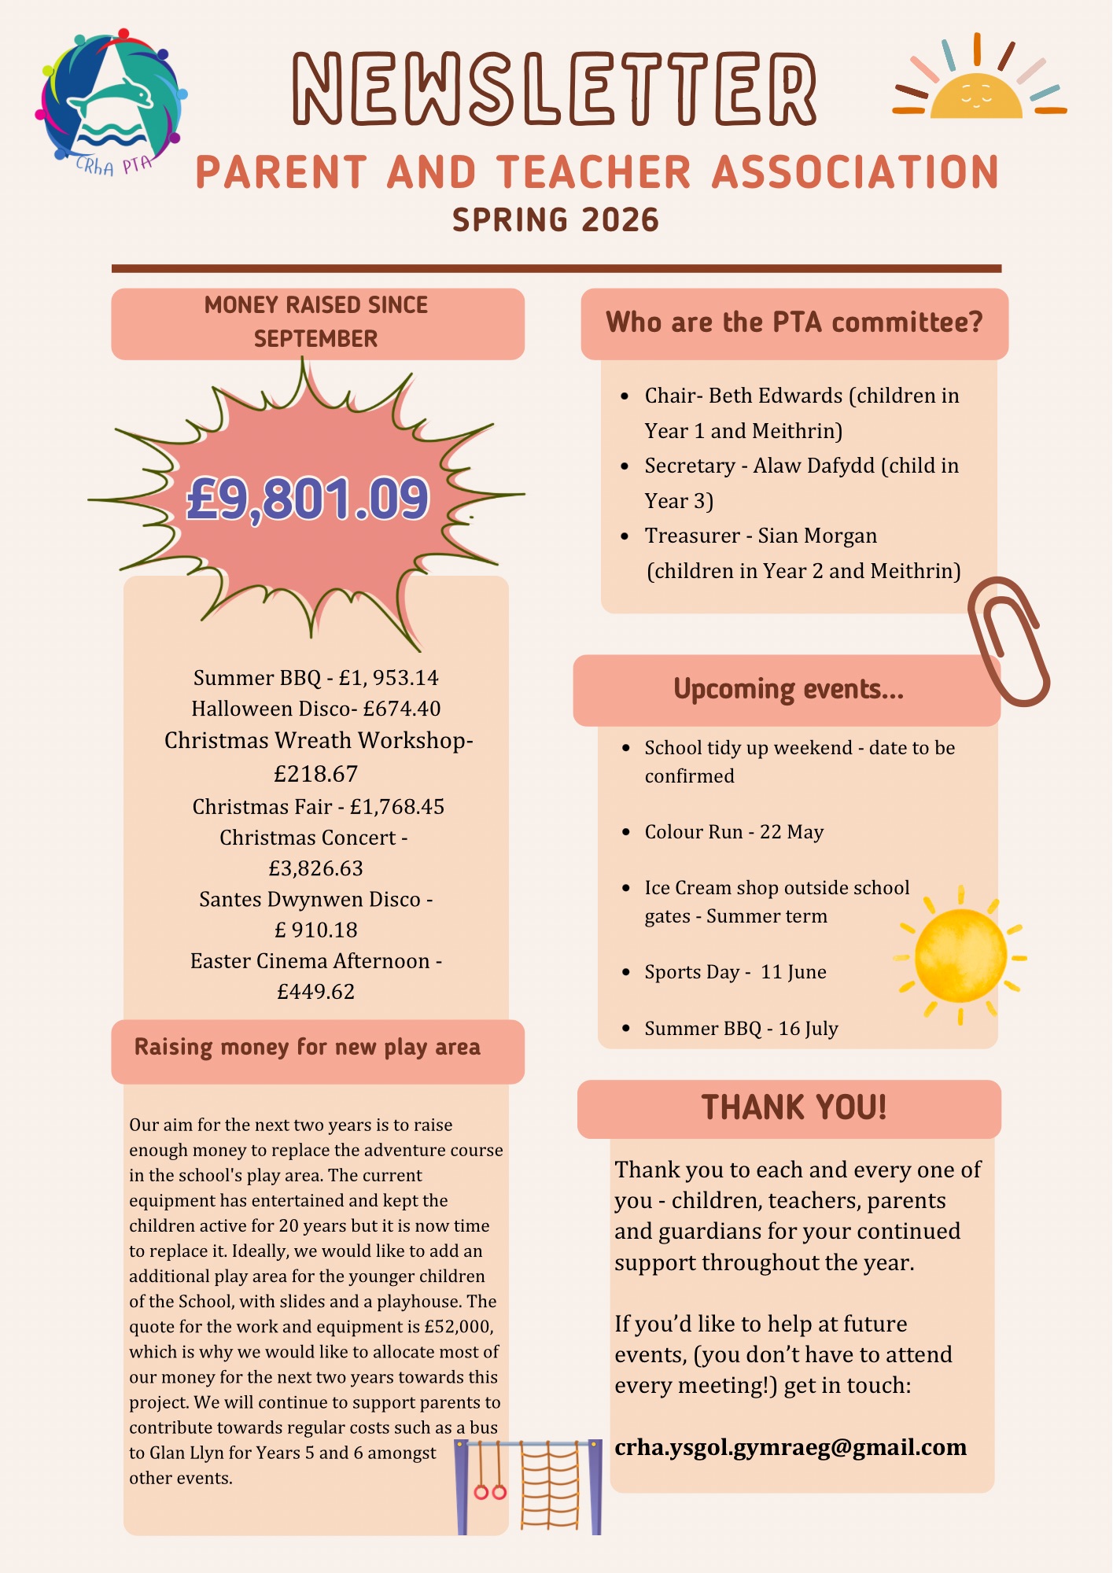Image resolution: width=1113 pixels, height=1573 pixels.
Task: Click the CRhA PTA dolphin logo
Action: click(x=110, y=102)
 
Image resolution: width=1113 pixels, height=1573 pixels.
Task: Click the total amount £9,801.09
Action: click(x=308, y=499)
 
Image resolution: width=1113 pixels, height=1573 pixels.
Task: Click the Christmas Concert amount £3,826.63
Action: click(x=315, y=868)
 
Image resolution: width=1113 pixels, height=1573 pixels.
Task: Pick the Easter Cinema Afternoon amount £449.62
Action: click(x=315, y=992)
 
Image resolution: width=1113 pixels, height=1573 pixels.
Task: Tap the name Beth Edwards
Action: click(x=775, y=395)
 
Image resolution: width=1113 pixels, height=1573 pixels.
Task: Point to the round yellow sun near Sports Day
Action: click(x=960, y=956)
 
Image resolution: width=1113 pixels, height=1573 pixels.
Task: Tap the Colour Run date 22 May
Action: click(x=791, y=832)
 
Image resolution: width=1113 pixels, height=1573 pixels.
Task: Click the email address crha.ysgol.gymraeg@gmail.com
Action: click(x=791, y=1447)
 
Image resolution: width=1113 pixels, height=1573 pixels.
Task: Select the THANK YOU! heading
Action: click(x=794, y=1107)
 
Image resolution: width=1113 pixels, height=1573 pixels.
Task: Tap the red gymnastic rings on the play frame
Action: click(x=489, y=1491)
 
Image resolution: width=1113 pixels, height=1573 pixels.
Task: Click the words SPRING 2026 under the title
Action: click(x=555, y=219)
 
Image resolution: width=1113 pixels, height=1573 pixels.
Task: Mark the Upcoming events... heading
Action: click(x=788, y=689)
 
